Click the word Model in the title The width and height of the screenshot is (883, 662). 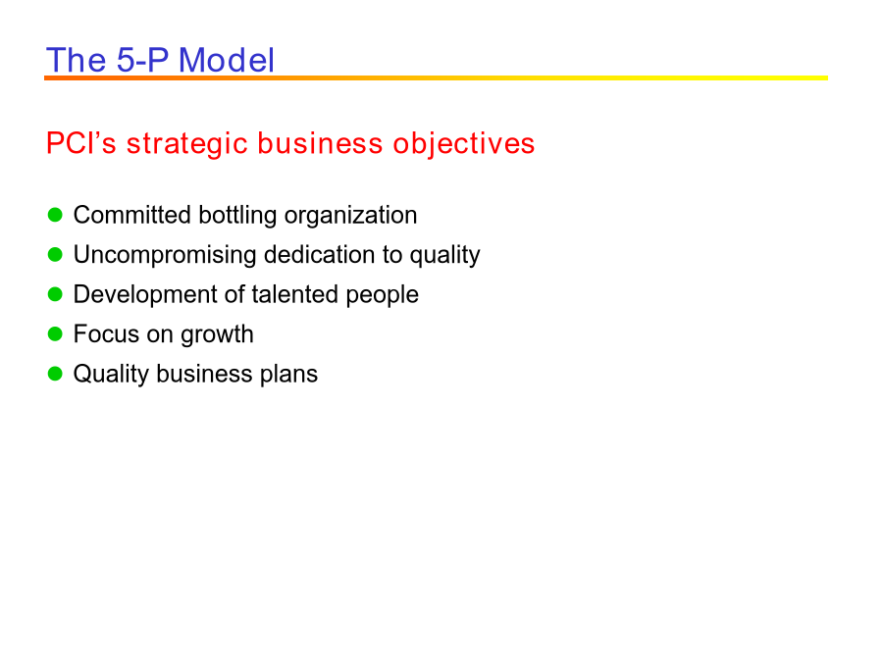coord(227,60)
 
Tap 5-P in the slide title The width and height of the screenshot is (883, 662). coord(142,60)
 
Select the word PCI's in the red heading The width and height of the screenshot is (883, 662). coord(81,143)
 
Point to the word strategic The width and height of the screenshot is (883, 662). coord(187,144)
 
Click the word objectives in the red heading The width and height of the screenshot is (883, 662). coord(463,144)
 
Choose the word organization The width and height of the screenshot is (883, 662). coord(350,216)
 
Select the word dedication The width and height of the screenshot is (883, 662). coord(319,254)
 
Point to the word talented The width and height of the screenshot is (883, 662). coord(294,294)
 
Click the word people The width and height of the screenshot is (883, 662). coord(382,295)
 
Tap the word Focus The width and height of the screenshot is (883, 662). coord(106,334)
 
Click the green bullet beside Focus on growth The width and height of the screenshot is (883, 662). coord(55,334)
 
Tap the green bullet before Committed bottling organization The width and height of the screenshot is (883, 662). coord(55,215)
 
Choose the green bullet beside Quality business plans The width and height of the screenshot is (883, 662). coord(55,374)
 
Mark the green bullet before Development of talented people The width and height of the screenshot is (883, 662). coord(55,294)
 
